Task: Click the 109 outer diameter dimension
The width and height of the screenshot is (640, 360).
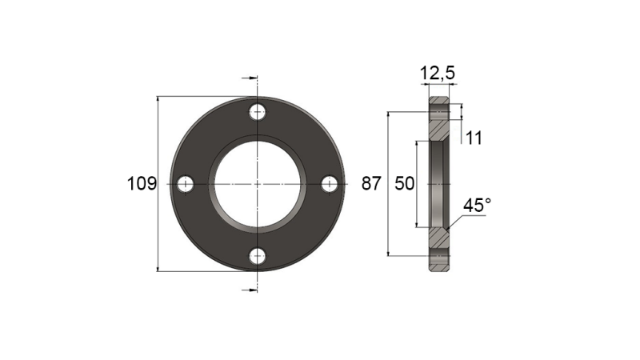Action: point(141,184)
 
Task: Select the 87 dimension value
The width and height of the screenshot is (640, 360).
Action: point(370,184)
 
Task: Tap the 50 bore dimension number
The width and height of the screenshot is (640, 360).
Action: point(405,184)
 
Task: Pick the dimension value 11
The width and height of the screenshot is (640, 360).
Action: point(473,138)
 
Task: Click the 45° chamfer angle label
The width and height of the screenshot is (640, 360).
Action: point(477,206)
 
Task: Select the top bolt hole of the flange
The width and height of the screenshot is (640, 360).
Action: point(257,112)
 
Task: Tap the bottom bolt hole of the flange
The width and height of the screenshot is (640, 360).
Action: point(257,256)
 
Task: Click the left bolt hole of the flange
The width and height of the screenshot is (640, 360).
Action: point(186,184)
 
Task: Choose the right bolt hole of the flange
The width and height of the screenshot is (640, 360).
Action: point(329,184)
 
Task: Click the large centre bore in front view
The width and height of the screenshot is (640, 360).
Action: point(257,184)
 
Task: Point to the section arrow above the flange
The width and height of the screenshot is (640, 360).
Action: point(249,78)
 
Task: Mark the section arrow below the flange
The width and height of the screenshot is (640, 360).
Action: point(249,289)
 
